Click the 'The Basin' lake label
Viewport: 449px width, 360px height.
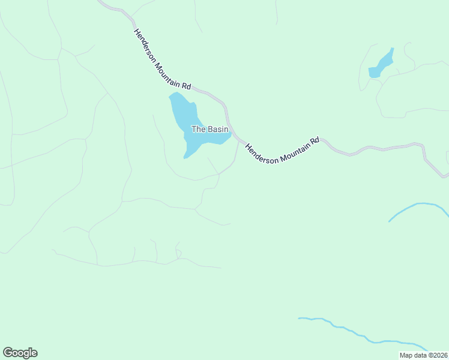(209, 129)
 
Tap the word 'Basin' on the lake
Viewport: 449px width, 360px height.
(217, 129)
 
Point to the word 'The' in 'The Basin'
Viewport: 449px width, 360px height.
(198, 129)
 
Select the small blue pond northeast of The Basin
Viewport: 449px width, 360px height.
(381, 64)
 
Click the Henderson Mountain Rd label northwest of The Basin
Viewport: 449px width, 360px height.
(162, 59)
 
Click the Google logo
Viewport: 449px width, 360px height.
(20, 353)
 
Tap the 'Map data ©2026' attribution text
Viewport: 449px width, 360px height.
(424, 355)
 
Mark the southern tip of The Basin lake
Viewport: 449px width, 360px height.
(185, 158)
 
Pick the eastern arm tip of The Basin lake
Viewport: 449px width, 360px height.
(230, 134)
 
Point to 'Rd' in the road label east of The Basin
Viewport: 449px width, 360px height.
(314, 140)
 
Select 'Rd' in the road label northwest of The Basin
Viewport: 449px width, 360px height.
(186, 85)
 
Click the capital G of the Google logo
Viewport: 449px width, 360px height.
(8, 352)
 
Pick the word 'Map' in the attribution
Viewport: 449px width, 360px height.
(406, 355)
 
